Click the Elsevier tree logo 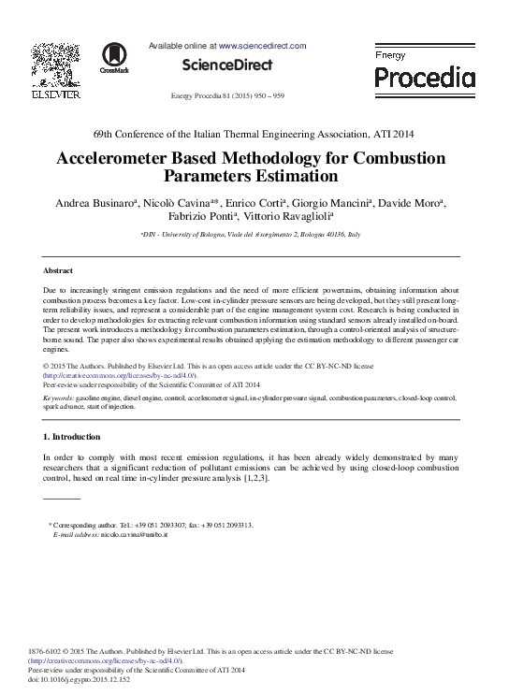tap(55, 65)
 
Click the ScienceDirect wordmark tap(227, 65)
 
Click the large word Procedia tap(425, 78)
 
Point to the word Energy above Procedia tap(390, 56)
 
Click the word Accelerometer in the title tap(125, 158)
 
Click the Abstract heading tap(60, 270)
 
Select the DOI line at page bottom tap(80, 679)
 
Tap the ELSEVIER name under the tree tap(56, 94)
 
